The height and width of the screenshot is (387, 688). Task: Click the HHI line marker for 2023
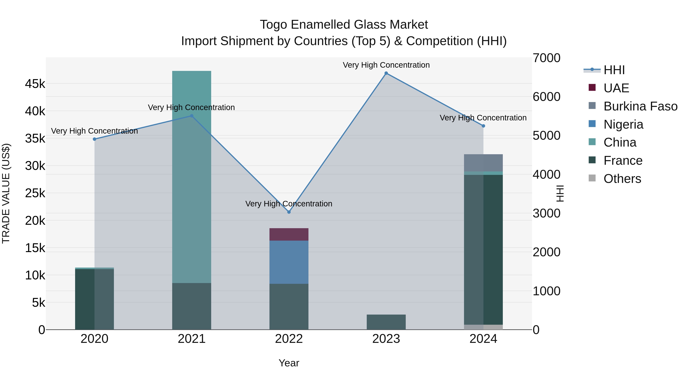tap(386, 73)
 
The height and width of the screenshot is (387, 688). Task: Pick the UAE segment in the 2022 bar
tap(289, 234)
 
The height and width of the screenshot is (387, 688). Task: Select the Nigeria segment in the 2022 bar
tap(289, 262)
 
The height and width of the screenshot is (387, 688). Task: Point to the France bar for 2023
tap(386, 322)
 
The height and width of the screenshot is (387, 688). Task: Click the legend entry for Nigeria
tap(623, 124)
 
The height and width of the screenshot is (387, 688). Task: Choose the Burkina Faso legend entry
tap(640, 106)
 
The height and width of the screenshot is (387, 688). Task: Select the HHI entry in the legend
tap(614, 70)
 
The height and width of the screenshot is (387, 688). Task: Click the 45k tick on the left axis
tap(35, 84)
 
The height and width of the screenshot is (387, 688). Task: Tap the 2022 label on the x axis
tap(289, 339)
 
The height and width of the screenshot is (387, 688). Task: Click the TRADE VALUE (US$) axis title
tap(6, 193)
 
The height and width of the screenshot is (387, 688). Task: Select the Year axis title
tap(289, 363)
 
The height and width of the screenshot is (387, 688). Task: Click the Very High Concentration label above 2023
tap(386, 65)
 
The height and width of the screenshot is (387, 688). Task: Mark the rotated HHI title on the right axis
tap(560, 193)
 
